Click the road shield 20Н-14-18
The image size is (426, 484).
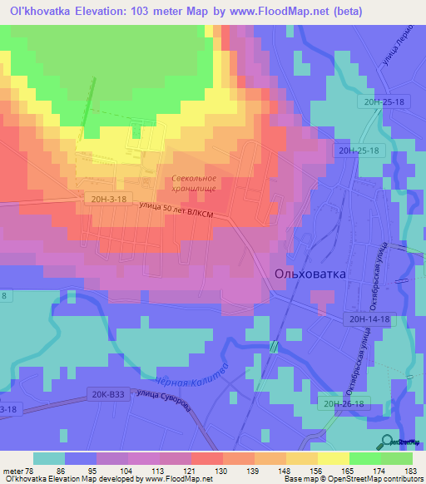pyautogui.click(x=365, y=319)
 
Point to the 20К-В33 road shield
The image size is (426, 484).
pyautogui.click(x=110, y=395)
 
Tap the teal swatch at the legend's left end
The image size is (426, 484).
pyautogui.click(x=49, y=458)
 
